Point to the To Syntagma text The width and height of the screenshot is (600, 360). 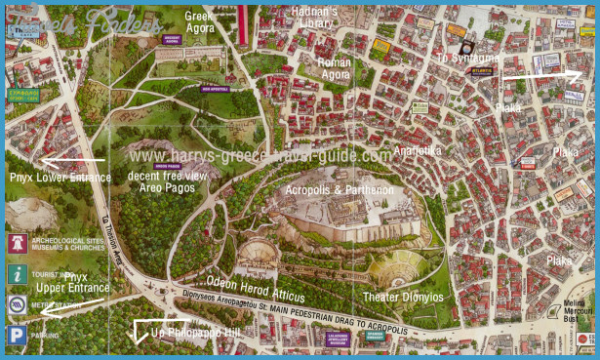(467, 59)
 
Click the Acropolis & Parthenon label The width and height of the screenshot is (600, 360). (340, 189)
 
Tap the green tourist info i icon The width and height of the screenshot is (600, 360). (17, 274)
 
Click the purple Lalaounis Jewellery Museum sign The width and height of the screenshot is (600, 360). (337, 340)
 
